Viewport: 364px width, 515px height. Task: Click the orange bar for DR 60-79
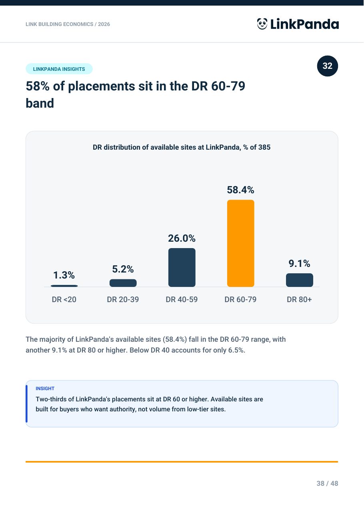(x=240, y=243)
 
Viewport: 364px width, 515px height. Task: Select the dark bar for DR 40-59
(x=182, y=267)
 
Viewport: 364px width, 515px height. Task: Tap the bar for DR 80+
(x=300, y=280)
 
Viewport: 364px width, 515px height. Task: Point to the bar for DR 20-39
(x=123, y=283)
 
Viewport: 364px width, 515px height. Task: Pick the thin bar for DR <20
(x=64, y=286)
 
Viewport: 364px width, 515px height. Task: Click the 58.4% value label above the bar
(x=240, y=190)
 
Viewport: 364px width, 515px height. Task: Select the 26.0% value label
(x=182, y=238)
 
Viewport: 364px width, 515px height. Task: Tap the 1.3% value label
(x=64, y=275)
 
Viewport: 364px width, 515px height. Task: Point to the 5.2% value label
(x=123, y=269)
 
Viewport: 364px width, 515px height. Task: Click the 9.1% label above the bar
(x=300, y=263)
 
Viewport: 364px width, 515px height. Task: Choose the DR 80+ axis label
(x=299, y=299)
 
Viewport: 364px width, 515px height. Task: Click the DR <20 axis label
(x=64, y=299)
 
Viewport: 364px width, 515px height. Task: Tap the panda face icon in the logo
(x=262, y=24)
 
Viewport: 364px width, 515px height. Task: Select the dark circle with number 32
(x=328, y=66)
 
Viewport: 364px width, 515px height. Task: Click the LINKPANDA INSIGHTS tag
(x=59, y=69)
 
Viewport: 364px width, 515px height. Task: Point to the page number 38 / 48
(x=327, y=483)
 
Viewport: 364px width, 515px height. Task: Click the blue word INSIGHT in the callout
(x=45, y=388)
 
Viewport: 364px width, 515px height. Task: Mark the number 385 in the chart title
(x=264, y=147)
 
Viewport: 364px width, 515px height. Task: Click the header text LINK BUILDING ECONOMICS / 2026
(x=68, y=24)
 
